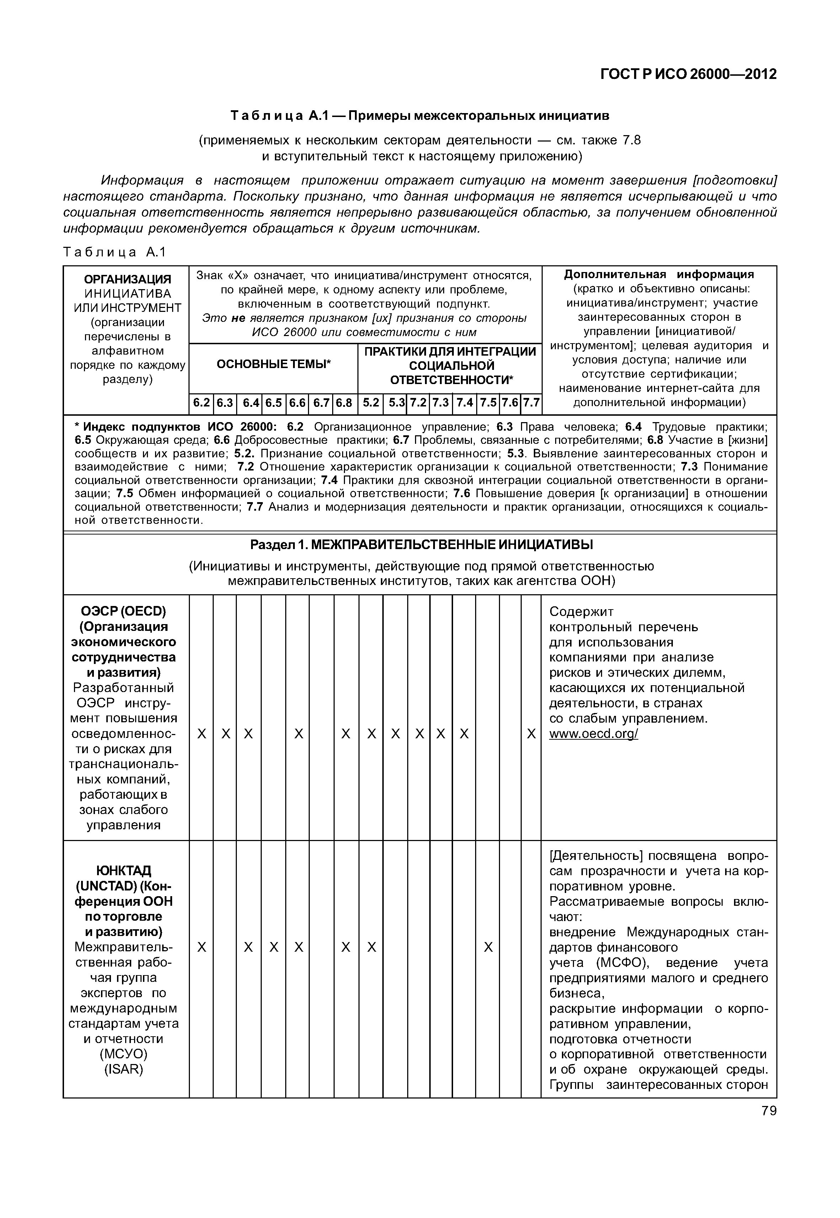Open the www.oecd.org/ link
click(x=593, y=734)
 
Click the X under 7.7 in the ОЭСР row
click(x=531, y=734)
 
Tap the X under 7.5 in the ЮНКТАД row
click(x=488, y=947)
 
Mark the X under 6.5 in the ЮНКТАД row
click(x=274, y=947)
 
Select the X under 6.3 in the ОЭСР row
click(x=225, y=734)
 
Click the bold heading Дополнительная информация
click(x=659, y=274)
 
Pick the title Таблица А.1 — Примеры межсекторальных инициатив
click(x=420, y=115)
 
